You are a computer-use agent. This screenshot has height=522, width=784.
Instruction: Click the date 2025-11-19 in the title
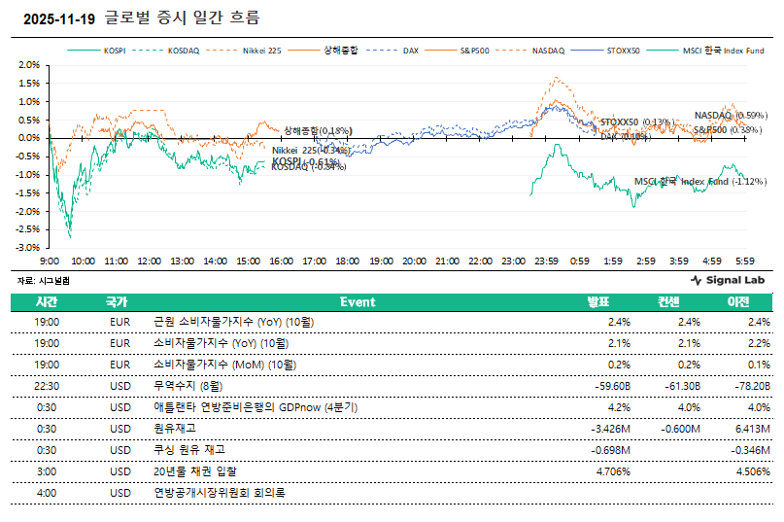point(58,18)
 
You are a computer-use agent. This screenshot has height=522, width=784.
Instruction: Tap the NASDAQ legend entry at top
point(548,49)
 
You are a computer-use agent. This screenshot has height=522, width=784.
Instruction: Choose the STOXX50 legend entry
point(622,49)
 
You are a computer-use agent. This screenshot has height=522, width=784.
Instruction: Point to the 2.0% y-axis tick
point(28,65)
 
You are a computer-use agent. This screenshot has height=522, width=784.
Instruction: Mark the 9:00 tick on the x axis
point(50,261)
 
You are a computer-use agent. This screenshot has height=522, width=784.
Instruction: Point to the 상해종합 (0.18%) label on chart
point(318,129)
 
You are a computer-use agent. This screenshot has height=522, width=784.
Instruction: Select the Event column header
point(358,302)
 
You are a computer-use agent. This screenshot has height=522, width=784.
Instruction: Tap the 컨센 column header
point(669,302)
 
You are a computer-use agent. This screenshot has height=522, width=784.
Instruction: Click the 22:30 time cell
point(47,386)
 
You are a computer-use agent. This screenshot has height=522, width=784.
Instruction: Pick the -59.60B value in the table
point(611,386)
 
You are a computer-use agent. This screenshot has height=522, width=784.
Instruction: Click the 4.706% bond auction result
point(611,471)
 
